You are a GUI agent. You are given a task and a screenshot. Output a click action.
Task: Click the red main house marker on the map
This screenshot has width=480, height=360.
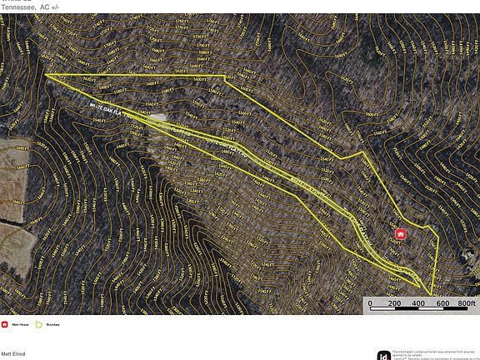tap(400, 234)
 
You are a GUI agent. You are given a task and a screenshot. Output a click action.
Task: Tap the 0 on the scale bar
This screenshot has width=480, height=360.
tap(371, 304)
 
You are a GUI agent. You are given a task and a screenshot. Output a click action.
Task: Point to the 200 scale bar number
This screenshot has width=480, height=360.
tap(395, 304)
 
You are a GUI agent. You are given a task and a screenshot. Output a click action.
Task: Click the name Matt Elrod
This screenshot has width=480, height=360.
tap(12, 354)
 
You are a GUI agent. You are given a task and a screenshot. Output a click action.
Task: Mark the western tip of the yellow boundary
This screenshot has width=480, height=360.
tap(46, 75)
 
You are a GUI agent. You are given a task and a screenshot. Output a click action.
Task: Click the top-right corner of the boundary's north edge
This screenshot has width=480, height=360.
tap(226, 76)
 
